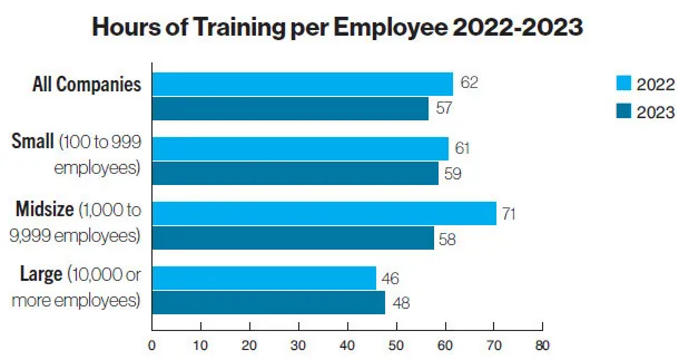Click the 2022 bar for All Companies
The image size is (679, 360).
click(x=303, y=84)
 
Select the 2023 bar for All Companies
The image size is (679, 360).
click(x=290, y=109)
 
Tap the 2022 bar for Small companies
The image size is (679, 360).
click(x=301, y=149)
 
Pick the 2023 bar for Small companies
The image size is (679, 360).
click(x=295, y=173)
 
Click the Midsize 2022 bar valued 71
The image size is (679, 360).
click(x=324, y=214)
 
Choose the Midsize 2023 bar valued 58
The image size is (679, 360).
click(x=293, y=238)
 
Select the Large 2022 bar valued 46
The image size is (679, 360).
click(x=264, y=278)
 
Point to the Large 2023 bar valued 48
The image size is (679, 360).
click(x=269, y=303)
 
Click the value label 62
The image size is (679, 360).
click(x=469, y=82)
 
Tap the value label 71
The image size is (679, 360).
click(x=508, y=214)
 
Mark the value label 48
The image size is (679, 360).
click(x=401, y=303)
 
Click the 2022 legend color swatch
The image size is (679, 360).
click(x=623, y=83)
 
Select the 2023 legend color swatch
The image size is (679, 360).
click(x=623, y=111)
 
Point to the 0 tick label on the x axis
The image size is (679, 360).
click(x=152, y=345)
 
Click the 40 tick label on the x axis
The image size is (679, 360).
click(x=347, y=345)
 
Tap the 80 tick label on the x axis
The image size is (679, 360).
click(x=542, y=345)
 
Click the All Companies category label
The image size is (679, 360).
click(x=87, y=84)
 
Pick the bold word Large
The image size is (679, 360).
click(x=41, y=274)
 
